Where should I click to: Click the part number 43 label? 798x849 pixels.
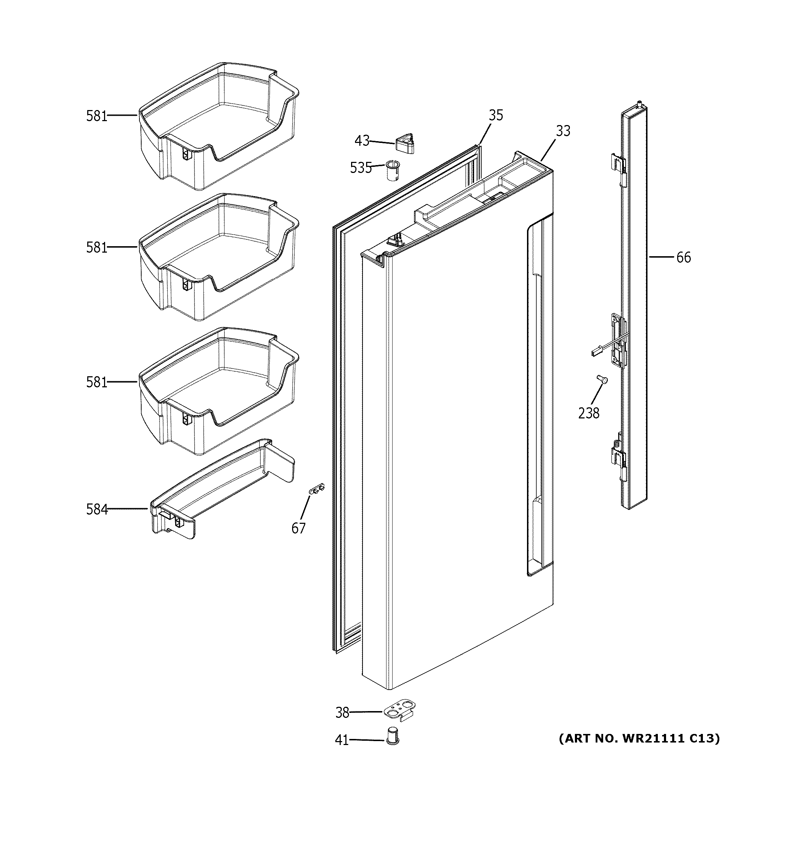coord(362,140)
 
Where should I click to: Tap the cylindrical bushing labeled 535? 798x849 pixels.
coord(392,171)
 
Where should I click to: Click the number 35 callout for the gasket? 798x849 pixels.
coord(496,115)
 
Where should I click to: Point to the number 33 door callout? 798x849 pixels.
coord(563,131)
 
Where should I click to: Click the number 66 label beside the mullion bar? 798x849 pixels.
coord(683,258)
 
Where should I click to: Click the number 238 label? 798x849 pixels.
coord(589,413)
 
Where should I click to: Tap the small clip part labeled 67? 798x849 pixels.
coord(316,488)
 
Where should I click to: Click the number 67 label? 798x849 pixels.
coord(298,528)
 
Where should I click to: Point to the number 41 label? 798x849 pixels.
coord(342,740)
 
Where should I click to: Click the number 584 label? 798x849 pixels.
coord(97,509)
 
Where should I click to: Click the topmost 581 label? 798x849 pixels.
coord(97,116)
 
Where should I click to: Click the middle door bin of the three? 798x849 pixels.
coord(218,256)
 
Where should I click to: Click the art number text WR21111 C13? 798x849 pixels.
coord(639,738)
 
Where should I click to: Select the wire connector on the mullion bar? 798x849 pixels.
coord(595,352)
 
